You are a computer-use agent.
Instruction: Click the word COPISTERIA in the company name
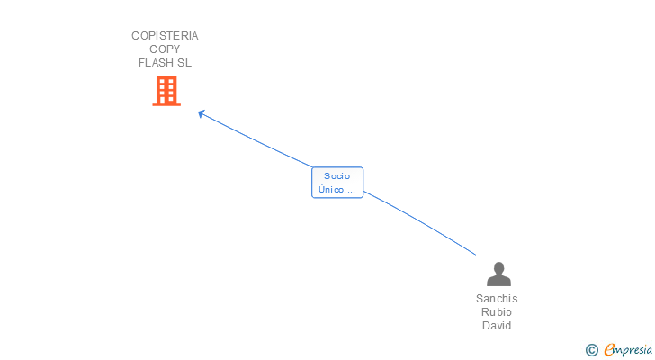click(165, 36)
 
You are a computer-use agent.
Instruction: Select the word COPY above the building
click(165, 49)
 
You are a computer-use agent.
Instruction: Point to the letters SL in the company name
click(184, 63)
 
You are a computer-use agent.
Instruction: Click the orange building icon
click(166, 91)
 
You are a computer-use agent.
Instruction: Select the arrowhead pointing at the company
click(202, 113)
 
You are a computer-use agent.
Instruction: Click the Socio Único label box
click(337, 183)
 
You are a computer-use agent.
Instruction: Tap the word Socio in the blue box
click(337, 176)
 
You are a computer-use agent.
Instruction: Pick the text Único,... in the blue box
click(337, 190)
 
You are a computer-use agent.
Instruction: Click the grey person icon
click(498, 274)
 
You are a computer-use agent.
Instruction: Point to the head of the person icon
click(498, 267)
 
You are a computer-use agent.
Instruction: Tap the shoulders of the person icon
click(498, 281)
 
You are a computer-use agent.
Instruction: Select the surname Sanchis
click(497, 299)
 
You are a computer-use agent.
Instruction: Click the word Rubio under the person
click(497, 312)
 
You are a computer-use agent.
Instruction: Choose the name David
click(497, 326)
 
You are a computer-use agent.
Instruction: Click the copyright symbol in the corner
click(592, 350)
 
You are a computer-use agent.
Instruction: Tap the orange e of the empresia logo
click(610, 350)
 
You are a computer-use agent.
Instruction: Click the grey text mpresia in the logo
click(632, 350)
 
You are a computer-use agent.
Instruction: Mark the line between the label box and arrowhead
click(256, 141)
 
